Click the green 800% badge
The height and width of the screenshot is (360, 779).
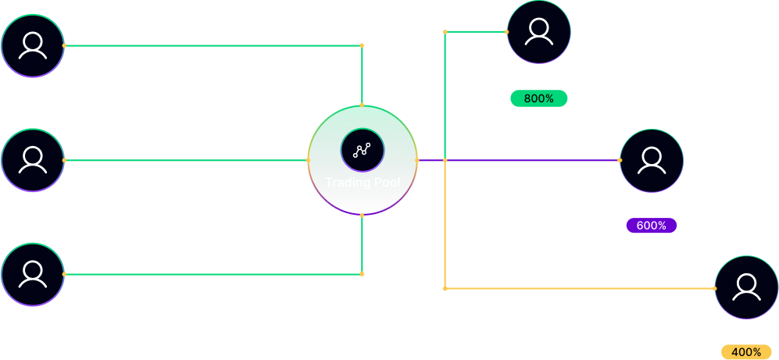point(538,99)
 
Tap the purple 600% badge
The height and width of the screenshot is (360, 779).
point(651,226)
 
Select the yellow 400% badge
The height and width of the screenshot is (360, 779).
point(746,352)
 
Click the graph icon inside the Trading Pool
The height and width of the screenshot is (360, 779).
point(362,151)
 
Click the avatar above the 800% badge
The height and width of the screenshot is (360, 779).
point(538,32)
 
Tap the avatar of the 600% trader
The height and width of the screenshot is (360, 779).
point(651,161)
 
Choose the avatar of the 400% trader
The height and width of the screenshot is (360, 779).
point(746,287)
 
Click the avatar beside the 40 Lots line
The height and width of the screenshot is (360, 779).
point(32,46)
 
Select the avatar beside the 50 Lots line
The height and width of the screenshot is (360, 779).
point(32,274)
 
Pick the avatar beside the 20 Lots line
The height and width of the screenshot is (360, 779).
point(32,160)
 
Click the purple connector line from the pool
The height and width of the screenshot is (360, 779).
point(531,160)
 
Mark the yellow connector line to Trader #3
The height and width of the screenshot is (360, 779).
point(578,289)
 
